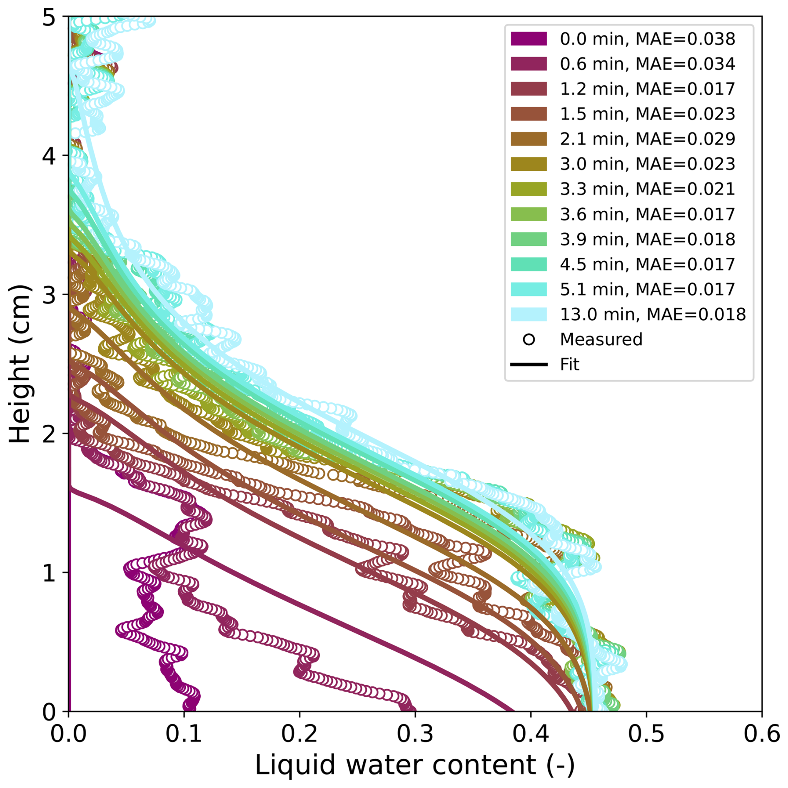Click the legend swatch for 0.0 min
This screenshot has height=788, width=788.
[x=529, y=39]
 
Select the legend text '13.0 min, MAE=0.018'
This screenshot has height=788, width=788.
[x=653, y=314]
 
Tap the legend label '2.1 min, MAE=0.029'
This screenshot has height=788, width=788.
[x=647, y=139]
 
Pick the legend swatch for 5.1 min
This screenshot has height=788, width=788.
[x=529, y=289]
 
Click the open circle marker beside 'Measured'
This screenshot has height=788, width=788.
[x=529, y=339]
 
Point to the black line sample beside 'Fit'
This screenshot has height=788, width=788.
[x=529, y=364]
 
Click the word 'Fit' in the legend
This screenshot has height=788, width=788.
[x=569, y=364]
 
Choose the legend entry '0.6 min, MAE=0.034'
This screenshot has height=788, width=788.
[x=647, y=64]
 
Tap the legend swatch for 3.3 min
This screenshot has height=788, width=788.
[x=529, y=189]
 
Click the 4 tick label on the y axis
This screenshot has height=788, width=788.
[x=49, y=156]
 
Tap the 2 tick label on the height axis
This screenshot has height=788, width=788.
[x=49, y=434]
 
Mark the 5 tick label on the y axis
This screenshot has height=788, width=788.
[x=49, y=17]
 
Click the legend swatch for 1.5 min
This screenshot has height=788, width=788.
[x=529, y=114]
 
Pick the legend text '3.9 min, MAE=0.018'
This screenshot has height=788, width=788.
[x=647, y=239]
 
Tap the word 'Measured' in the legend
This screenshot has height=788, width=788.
[x=601, y=339]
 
